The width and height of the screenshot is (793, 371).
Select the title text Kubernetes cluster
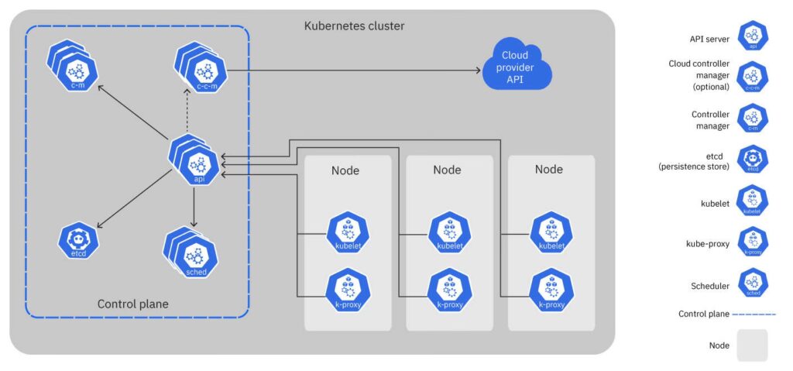tap(354, 26)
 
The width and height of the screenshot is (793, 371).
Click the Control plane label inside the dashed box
tap(132, 304)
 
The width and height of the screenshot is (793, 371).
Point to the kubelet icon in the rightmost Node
tap(551, 232)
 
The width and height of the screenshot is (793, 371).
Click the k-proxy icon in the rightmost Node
tap(551, 289)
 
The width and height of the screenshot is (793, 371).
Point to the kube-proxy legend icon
tap(753, 242)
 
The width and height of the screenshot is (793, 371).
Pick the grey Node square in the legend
tap(752, 345)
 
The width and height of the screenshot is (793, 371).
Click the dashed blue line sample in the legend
tap(754, 314)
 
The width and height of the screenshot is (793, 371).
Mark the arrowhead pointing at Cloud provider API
tap(476, 70)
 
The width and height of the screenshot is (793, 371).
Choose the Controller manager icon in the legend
tap(753, 119)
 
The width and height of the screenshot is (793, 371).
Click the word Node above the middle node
tap(447, 170)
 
